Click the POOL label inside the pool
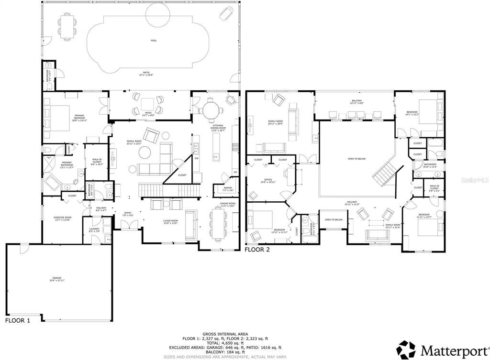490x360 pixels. pyautogui.click(x=154, y=41)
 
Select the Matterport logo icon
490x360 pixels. pyautogui.click(x=406, y=349)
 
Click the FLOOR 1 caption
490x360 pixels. pyautogui.click(x=18, y=321)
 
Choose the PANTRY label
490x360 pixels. pyautogui.click(x=228, y=188)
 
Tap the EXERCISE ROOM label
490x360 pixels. pyautogui.click(x=62, y=218)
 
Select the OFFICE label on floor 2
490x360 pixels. pyautogui.click(x=267, y=181)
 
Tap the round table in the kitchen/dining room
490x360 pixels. pyautogui.click(x=211, y=110)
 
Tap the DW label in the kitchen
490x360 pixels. pyautogui.click(x=196, y=158)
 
